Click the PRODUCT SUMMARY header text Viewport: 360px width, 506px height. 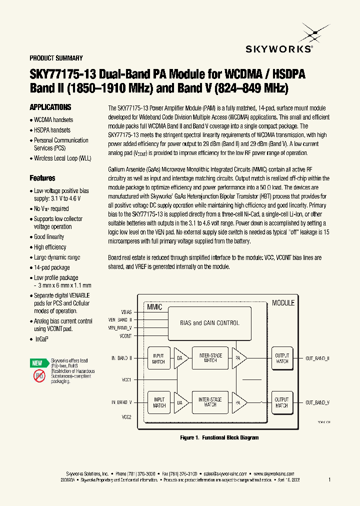pyautogui.click(x=56, y=58)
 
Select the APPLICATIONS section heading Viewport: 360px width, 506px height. pyautogui.click(x=50, y=107)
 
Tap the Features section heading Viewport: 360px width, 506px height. pyautogui.click(x=42, y=178)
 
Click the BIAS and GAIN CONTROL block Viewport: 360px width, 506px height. pyautogui.click(x=209, y=323)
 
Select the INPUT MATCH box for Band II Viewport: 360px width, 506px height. pyautogui.click(x=158, y=358)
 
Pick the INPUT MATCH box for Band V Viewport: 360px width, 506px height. pyautogui.click(x=159, y=402)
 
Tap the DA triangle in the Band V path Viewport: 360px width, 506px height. pyautogui.click(x=181, y=402)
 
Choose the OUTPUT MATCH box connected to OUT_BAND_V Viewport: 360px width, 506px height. pyautogui.click(x=282, y=402)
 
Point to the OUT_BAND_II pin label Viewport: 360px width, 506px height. pyautogui.click(x=317, y=358)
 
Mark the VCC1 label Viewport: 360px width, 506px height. pyautogui.click(x=126, y=380)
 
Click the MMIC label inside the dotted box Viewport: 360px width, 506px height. pyautogui.click(x=154, y=307)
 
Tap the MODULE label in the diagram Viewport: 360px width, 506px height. pyautogui.click(x=283, y=303)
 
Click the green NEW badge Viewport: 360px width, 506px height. pyautogui.click(x=37, y=363)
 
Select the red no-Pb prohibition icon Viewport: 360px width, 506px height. pyautogui.click(x=39, y=376)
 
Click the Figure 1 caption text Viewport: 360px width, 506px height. pyautogui.click(x=219, y=437)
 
